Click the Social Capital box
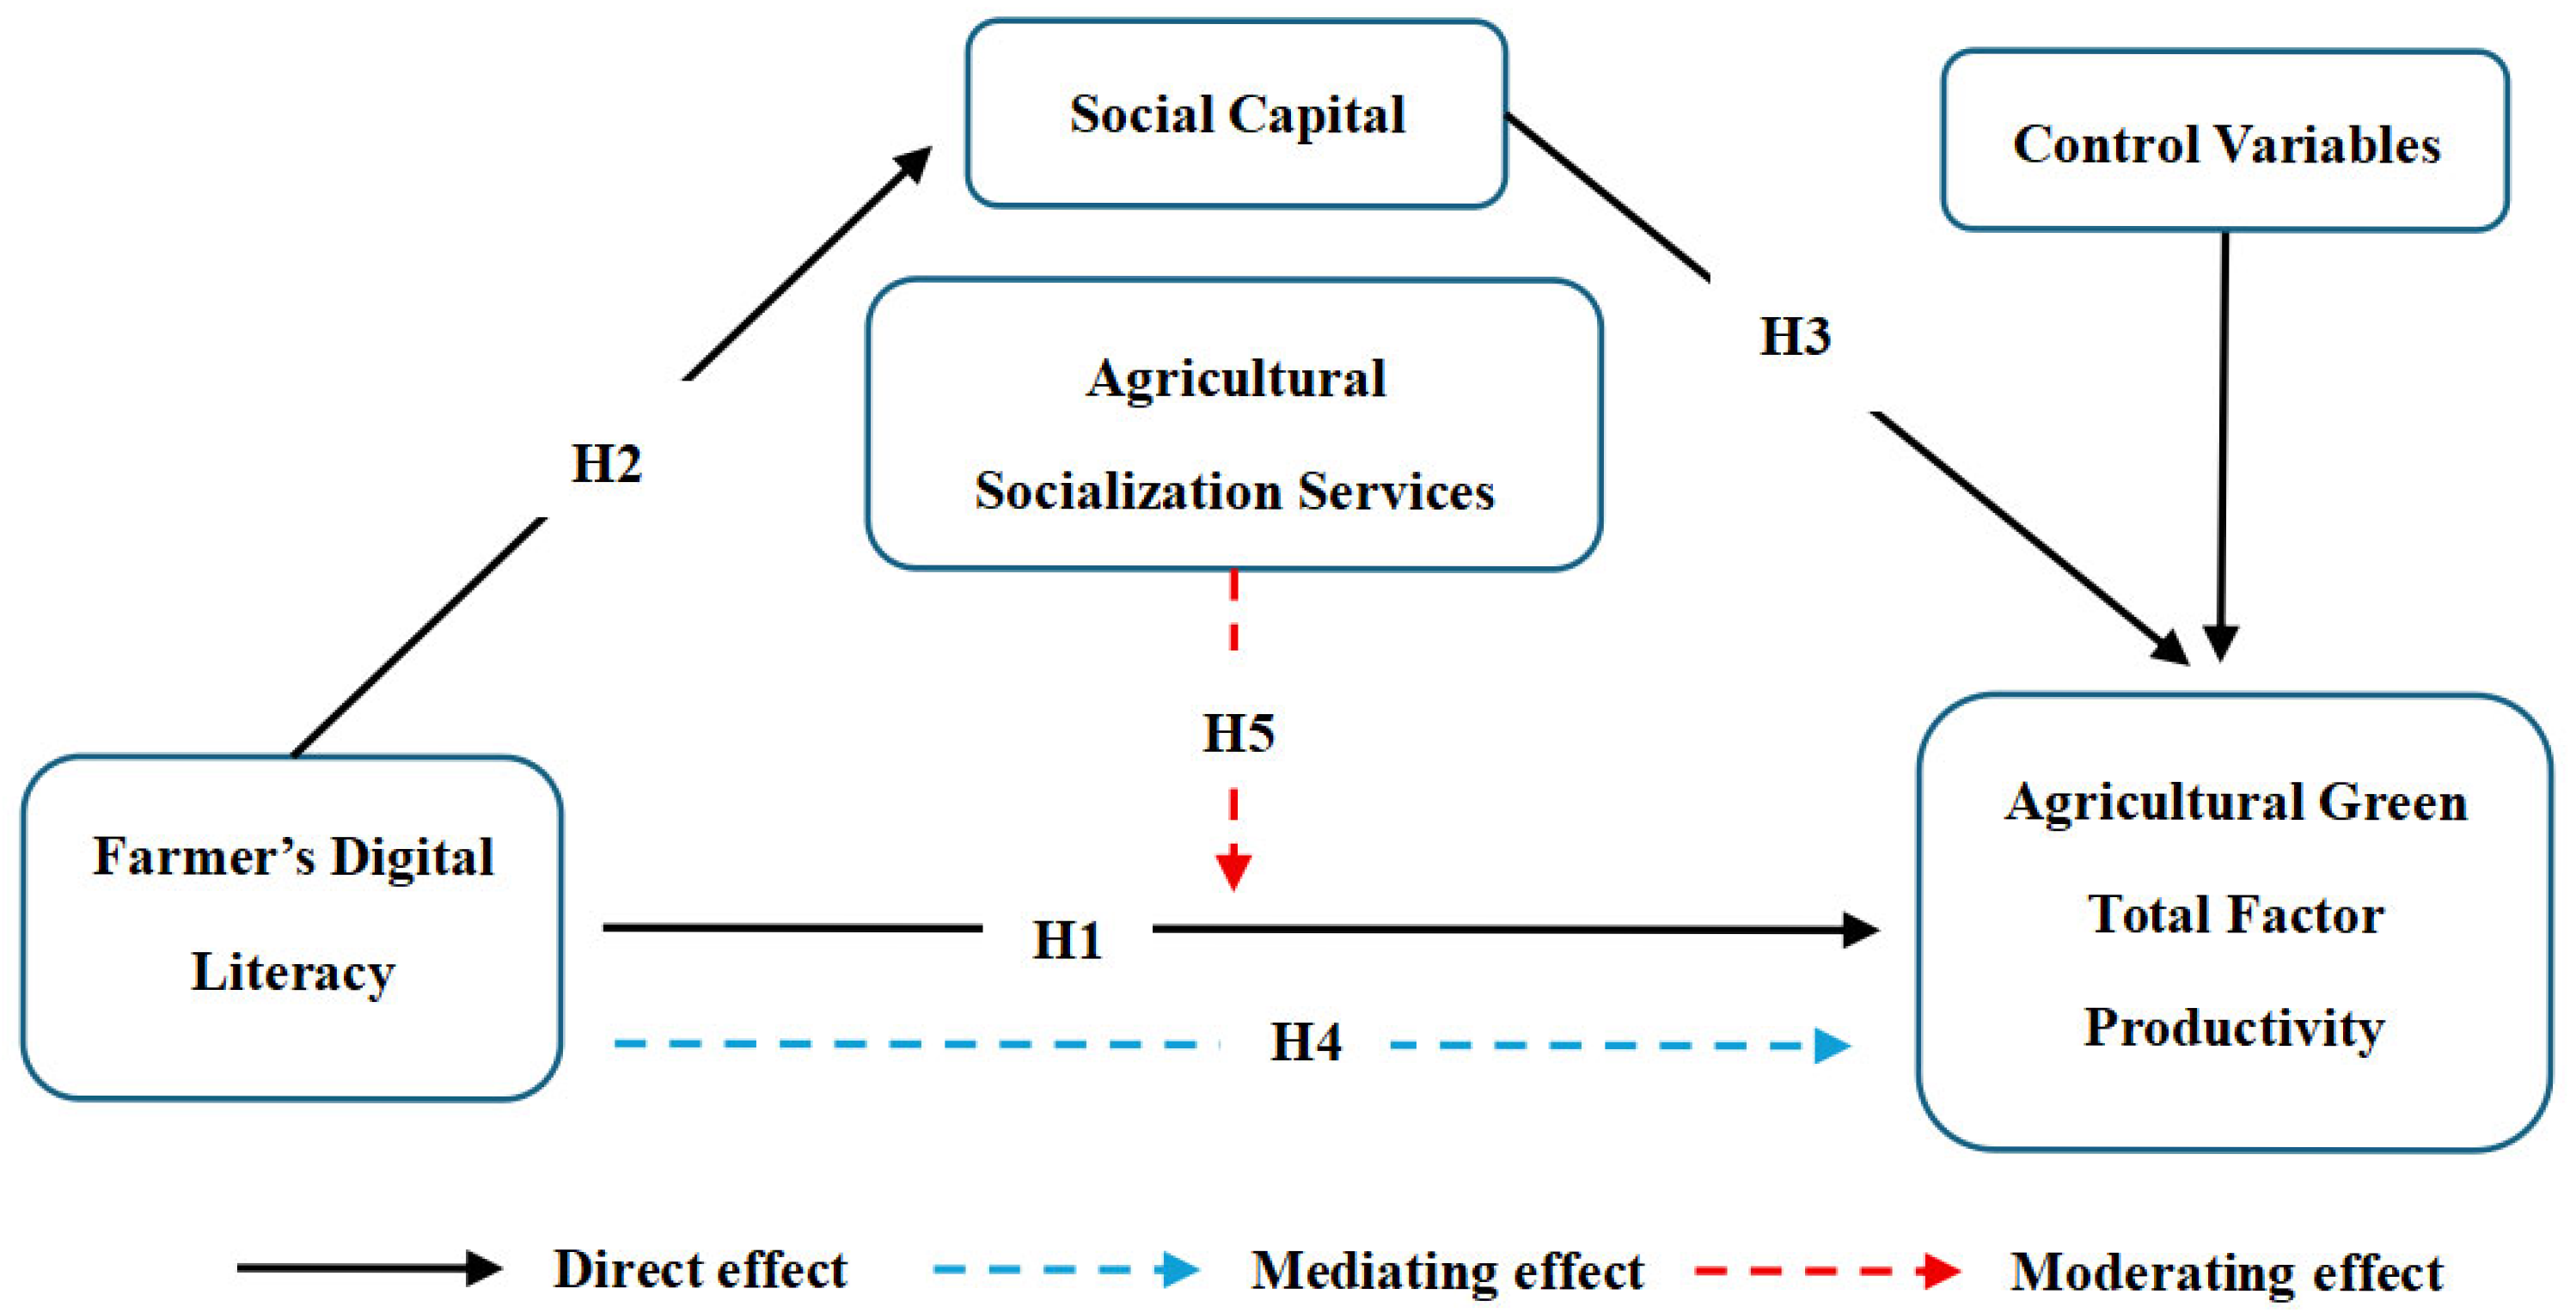click(x=1236, y=113)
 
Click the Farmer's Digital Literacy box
click(x=291, y=928)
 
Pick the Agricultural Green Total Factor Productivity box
click(x=2234, y=922)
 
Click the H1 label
click(x=1067, y=940)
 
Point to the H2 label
click(x=606, y=464)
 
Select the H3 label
click(x=1794, y=336)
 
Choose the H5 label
click(x=1238, y=733)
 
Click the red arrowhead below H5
click(x=1234, y=868)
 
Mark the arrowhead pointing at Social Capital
click(x=913, y=163)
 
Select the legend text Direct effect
click(x=701, y=1270)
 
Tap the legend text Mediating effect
click(x=1447, y=1271)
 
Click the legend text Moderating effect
click(x=2226, y=1272)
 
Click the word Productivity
click(x=2234, y=1027)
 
